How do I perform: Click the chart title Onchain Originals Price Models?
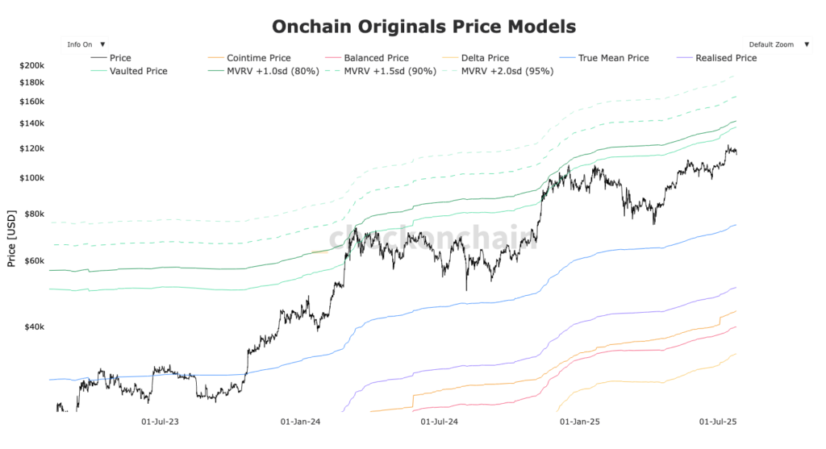(x=423, y=27)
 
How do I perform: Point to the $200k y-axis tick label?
(x=32, y=65)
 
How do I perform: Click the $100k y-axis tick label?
(x=32, y=178)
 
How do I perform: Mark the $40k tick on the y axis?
(x=34, y=327)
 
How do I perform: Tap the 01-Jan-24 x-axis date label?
(x=300, y=422)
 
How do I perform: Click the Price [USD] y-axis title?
(x=11, y=239)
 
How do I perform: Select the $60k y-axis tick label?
(x=34, y=261)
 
